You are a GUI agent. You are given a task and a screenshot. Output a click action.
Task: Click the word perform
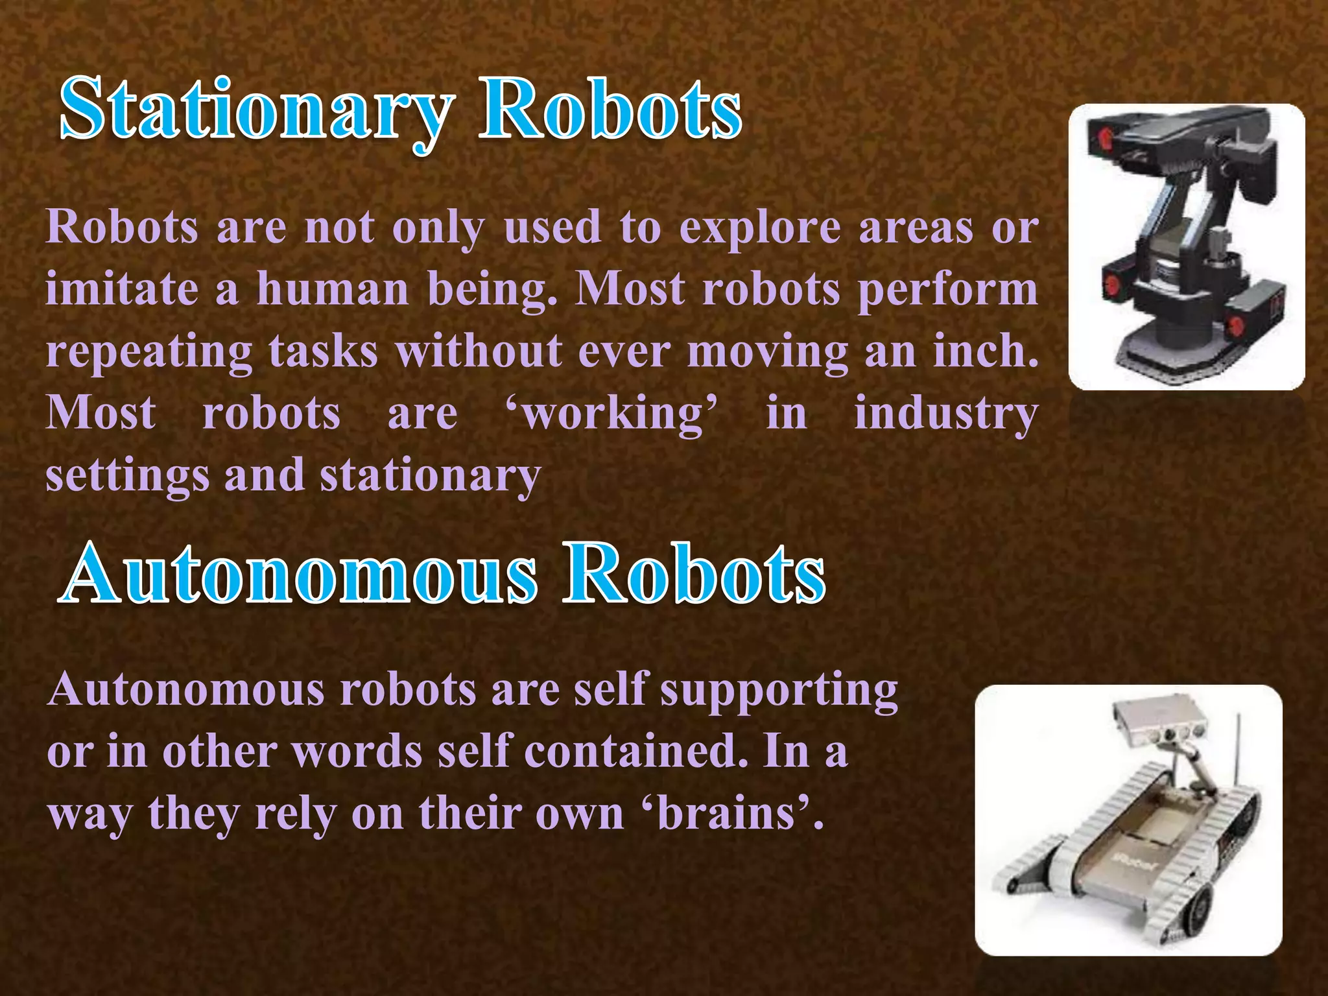pos(948,290)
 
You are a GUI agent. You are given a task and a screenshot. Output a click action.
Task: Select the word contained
pos(635,752)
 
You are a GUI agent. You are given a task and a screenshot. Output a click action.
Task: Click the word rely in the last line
pos(296,814)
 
